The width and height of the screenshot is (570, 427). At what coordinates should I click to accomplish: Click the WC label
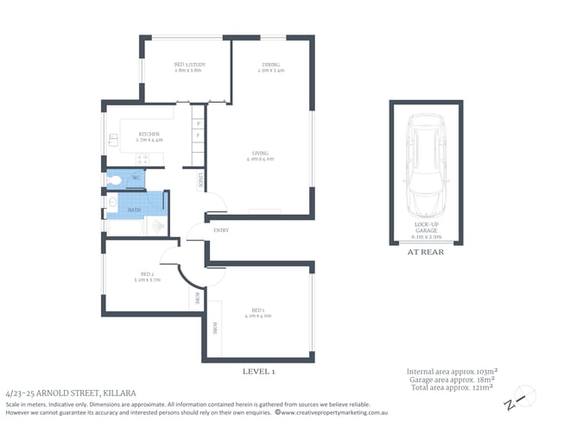(136, 179)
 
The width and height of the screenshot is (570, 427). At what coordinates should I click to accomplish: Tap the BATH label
(135, 210)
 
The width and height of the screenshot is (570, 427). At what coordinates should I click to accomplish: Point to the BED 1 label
(258, 311)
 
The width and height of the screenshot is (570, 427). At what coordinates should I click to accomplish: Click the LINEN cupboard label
(201, 179)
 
